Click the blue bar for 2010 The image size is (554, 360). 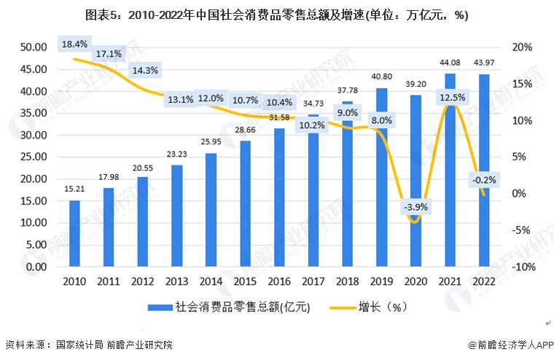[x=74, y=234]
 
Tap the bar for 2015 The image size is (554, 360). [x=245, y=204]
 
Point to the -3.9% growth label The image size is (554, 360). [x=415, y=207]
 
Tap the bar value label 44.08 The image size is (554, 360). [x=450, y=62]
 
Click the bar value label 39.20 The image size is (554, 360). [x=415, y=84]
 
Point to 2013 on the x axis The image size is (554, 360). [x=176, y=281]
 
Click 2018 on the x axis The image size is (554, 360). [x=347, y=281]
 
